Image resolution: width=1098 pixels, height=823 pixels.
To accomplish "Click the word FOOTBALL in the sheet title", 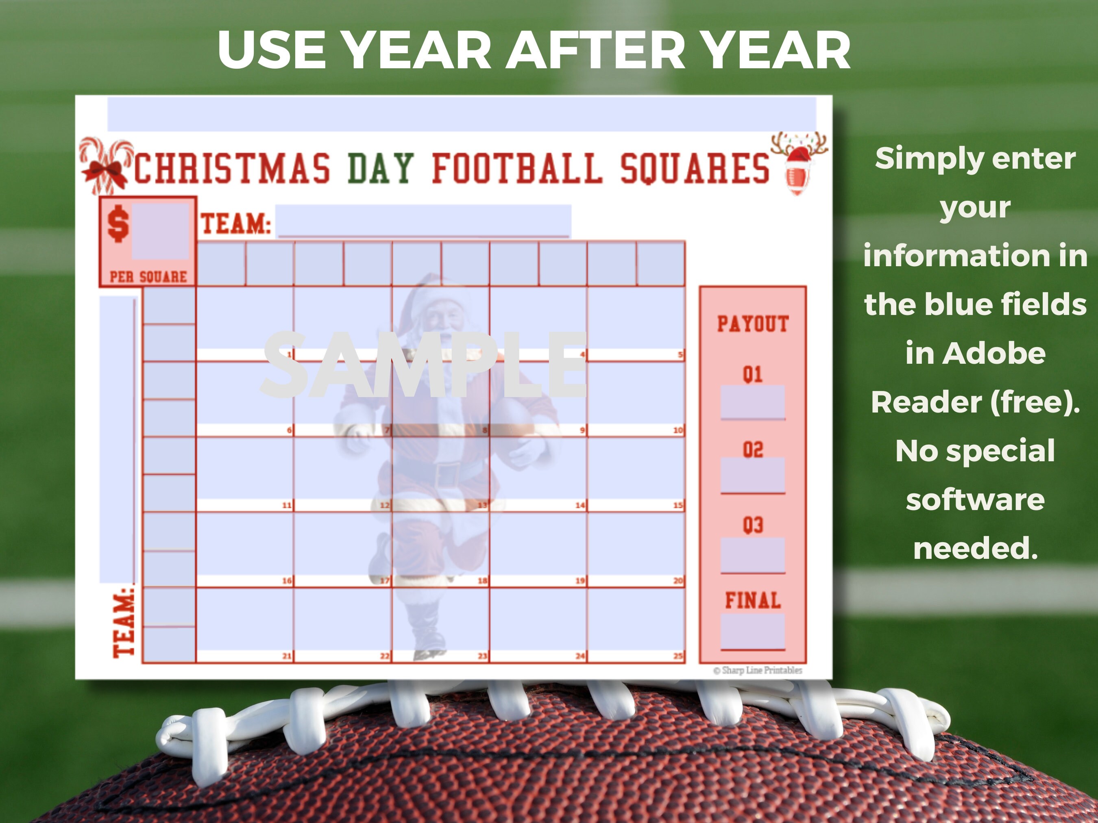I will click(x=517, y=169).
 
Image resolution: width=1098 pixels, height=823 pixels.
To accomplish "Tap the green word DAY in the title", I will click(x=380, y=169).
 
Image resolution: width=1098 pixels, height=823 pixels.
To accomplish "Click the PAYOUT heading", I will click(x=752, y=324).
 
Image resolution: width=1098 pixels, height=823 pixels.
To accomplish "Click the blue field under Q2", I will click(x=752, y=475).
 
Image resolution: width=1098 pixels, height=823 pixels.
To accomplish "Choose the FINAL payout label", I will click(x=752, y=600).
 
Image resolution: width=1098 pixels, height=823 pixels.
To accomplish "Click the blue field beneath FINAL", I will click(x=752, y=631).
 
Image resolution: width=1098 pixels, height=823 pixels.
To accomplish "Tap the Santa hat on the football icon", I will click(x=799, y=156).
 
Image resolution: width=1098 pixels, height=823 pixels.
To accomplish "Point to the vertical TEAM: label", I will click(x=124, y=623).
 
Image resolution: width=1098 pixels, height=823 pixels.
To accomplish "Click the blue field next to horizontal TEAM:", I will click(x=423, y=221).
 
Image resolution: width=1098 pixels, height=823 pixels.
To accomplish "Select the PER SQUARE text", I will click(x=148, y=277).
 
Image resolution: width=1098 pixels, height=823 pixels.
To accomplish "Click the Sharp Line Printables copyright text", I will click(x=758, y=670).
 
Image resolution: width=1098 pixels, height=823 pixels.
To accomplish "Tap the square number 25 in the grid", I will click(x=678, y=656).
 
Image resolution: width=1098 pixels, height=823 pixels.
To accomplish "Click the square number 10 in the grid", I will click(x=678, y=430).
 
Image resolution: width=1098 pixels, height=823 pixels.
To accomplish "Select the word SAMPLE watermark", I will click(x=425, y=366).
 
